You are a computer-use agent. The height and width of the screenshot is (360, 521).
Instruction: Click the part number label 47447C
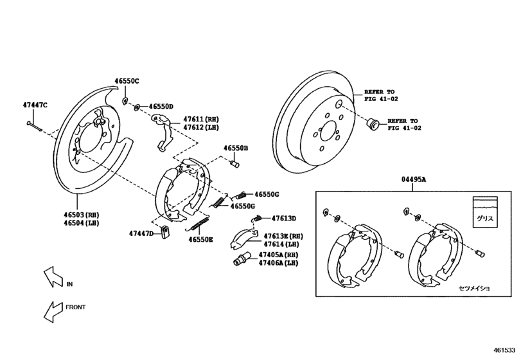click(35, 104)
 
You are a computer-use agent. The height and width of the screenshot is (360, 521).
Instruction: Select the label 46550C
click(127, 81)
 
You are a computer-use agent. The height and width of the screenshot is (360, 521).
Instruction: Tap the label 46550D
click(161, 106)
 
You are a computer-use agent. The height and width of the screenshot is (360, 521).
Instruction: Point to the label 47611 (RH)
click(201, 119)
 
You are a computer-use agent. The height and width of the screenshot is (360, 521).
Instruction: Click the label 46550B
click(236, 148)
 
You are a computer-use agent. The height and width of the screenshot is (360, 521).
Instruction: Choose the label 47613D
click(283, 218)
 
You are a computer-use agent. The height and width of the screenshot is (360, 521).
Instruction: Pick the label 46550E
click(200, 239)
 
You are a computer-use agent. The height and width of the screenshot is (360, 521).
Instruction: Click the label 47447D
click(141, 233)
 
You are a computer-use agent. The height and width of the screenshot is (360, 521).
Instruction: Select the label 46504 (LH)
click(81, 223)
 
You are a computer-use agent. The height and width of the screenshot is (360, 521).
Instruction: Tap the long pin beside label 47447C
click(35, 124)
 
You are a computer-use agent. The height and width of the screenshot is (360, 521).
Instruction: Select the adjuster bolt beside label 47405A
click(240, 260)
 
